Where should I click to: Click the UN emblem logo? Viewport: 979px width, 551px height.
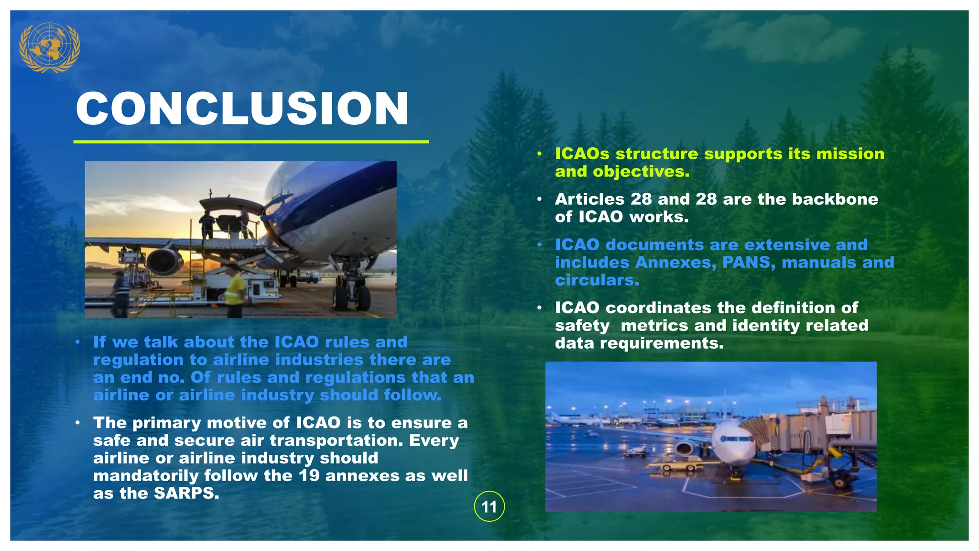point(49,47)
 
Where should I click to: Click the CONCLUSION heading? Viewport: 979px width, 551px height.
point(242,109)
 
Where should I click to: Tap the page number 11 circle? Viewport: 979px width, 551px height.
point(489,507)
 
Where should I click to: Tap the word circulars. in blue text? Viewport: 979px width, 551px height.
point(597,280)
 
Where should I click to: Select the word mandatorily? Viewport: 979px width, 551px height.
point(145,476)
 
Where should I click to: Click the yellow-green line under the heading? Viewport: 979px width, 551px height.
point(251,142)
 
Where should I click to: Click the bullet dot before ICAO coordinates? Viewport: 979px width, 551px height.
point(539,308)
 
